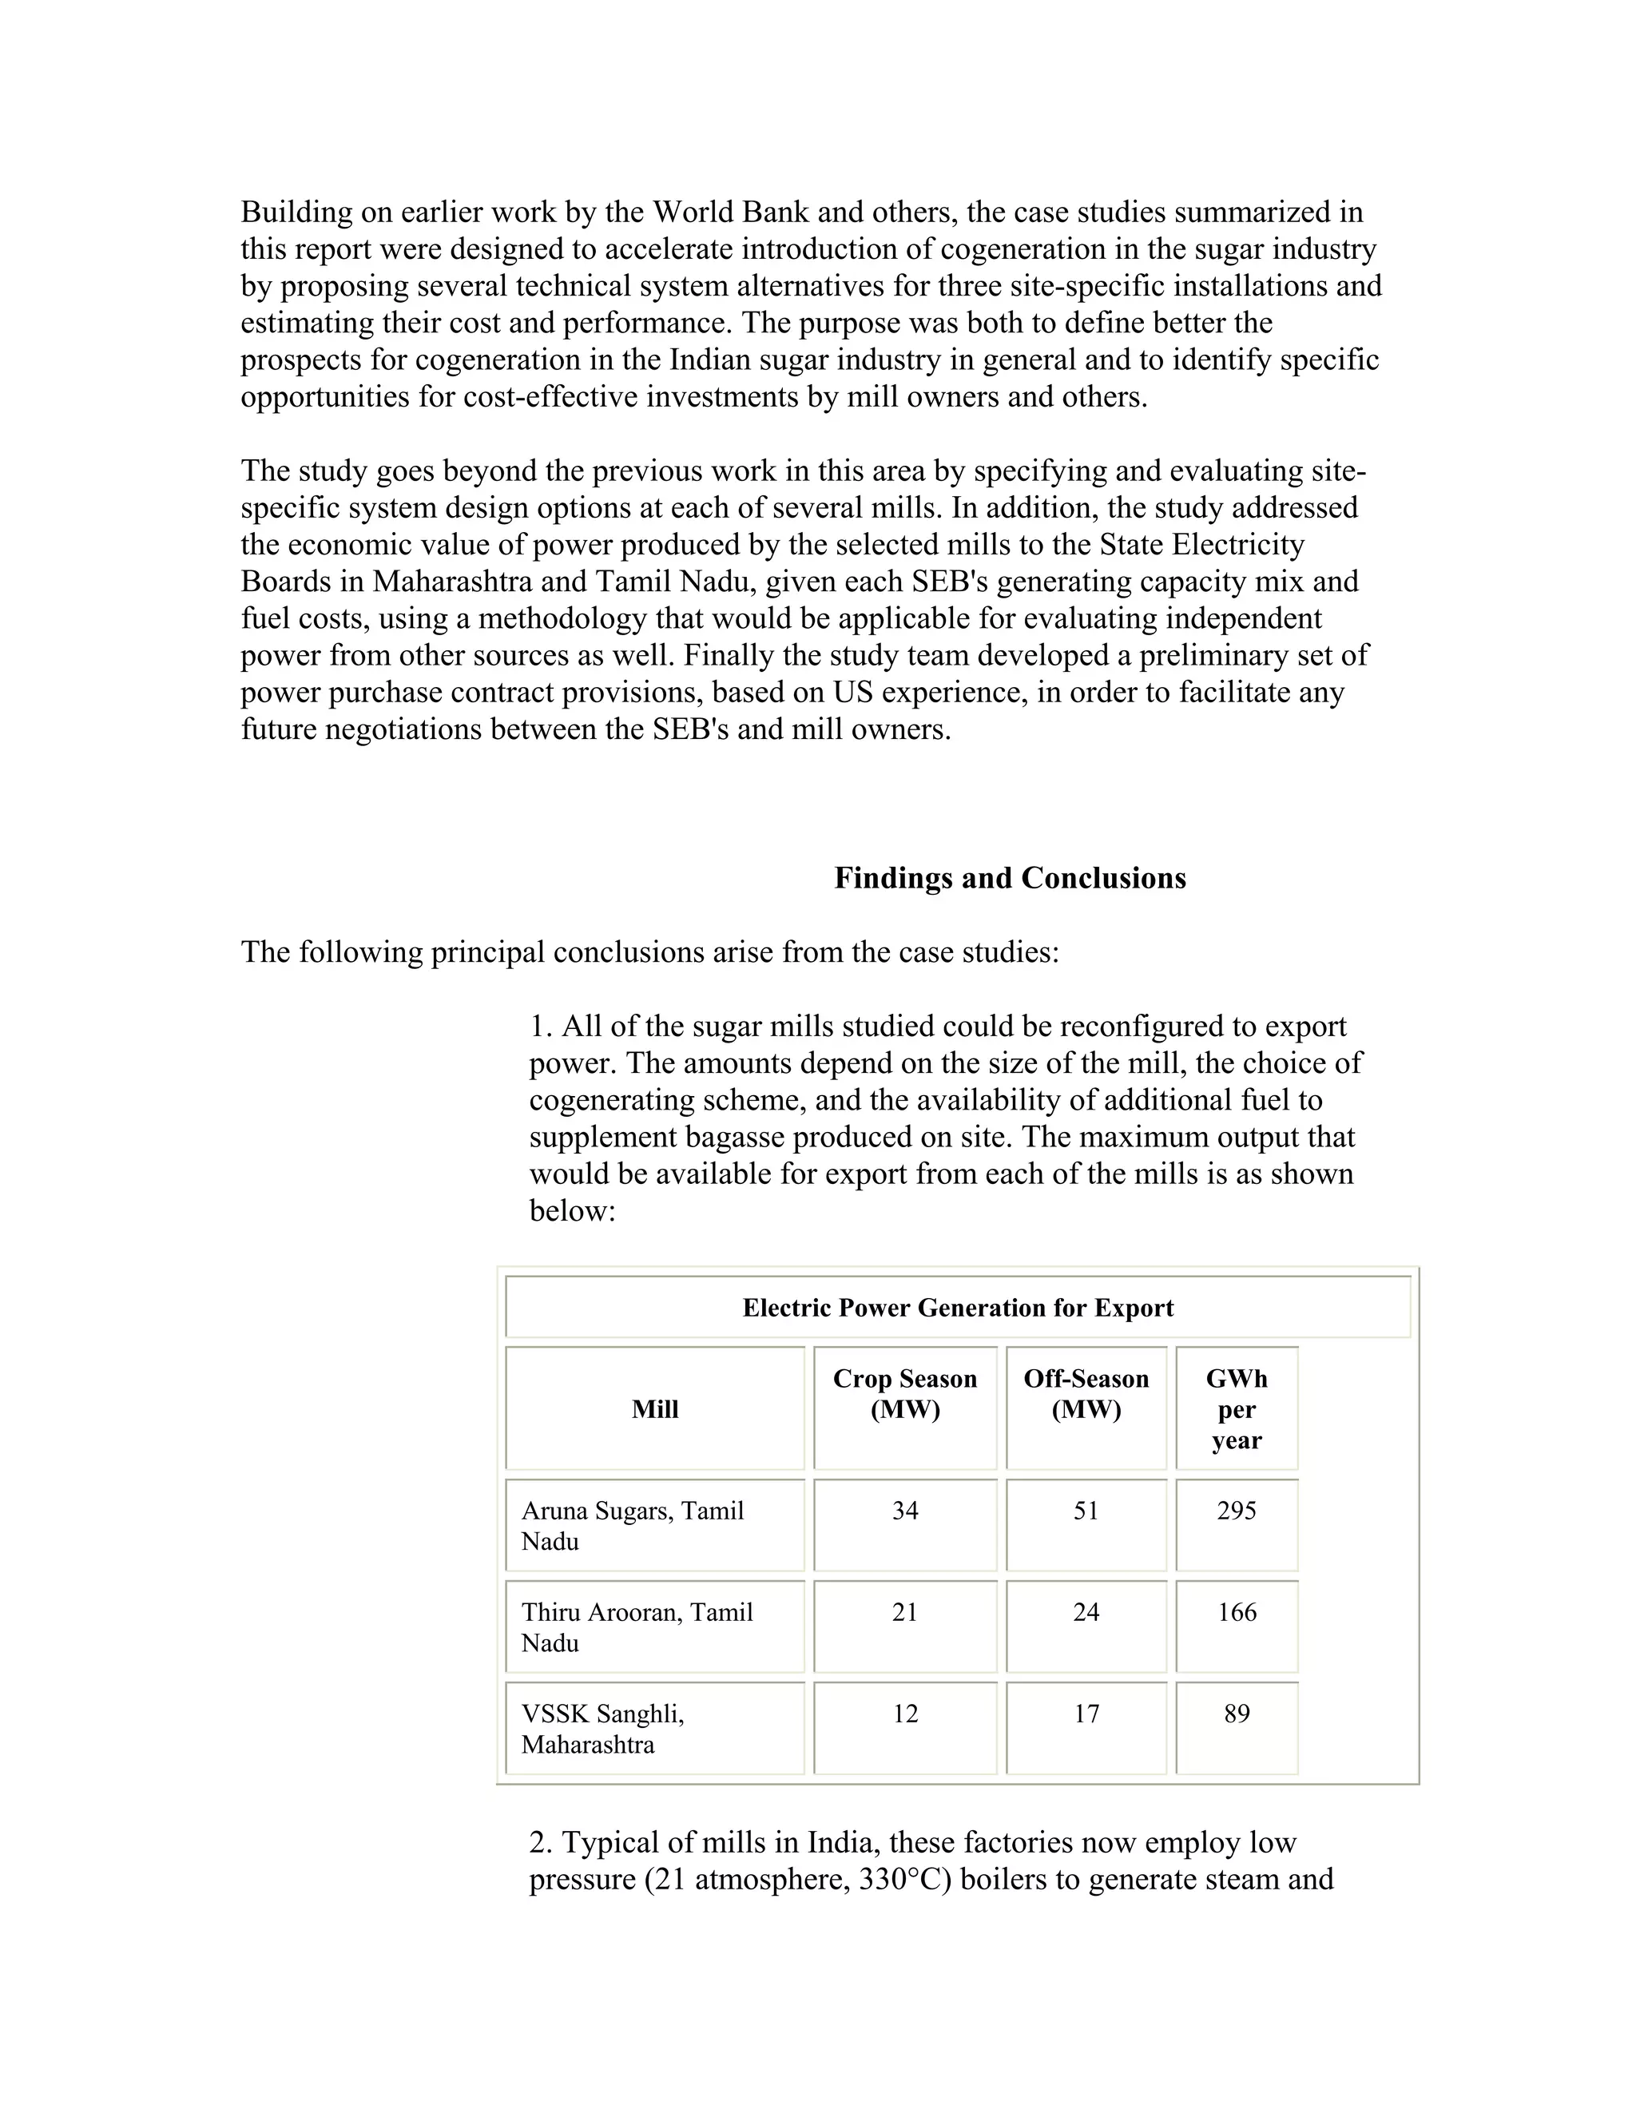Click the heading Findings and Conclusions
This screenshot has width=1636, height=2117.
pyautogui.click(x=1009, y=878)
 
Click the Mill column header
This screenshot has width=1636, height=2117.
pyautogui.click(x=654, y=1409)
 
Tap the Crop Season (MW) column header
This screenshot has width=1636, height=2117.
pyautogui.click(x=904, y=1394)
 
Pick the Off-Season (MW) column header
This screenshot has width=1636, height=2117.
pyautogui.click(x=1086, y=1394)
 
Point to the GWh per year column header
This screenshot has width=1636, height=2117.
pyautogui.click(x=1236, y=1409)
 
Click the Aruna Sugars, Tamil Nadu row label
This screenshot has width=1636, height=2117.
pyautogui.click(x=632, y=1526)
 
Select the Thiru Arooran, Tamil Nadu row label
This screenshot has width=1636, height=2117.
pyautogui.click(x=637, y=1627)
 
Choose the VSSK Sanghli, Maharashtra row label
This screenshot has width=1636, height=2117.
pyautogui.click(x=602, y=1730)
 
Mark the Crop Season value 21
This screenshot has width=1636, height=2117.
pyautogui.click(x=904, y=1613)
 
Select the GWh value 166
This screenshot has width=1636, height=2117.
pyautogui.click(x=1236, y=1613)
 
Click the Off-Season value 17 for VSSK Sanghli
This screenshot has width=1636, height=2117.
pyautogui.click(x=1086, y=1714)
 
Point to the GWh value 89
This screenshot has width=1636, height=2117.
pyautogui.click(x=1236, y=1714)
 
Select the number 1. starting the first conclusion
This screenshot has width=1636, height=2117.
pyautogui.click(x=541, y=1027)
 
